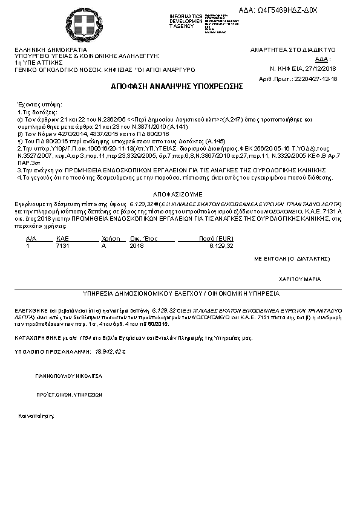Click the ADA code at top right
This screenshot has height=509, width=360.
coord(286,11)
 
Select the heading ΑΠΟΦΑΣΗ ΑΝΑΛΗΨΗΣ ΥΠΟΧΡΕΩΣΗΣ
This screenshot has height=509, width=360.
coord(177,86)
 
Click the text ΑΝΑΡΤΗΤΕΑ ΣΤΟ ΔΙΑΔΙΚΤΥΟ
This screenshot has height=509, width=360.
coord(293,50)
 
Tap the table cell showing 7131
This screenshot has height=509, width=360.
coord(62,247)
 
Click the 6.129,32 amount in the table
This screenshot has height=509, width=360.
coord(221,247)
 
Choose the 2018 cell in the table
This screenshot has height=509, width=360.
coord(137,247)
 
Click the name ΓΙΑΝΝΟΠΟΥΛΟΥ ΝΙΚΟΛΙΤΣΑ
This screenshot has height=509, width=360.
coord(68,376)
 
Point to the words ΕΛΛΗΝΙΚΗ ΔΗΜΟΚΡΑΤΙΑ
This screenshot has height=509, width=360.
coord(51,50)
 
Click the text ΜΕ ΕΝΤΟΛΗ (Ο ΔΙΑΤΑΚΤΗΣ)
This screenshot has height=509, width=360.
coord(292,258)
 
